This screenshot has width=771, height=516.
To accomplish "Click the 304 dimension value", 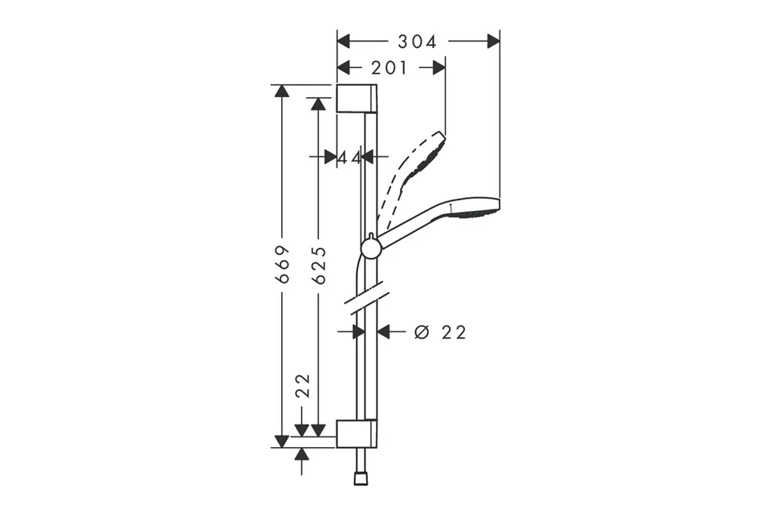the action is point(417,43).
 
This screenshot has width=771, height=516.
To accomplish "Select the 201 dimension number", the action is point(390,68).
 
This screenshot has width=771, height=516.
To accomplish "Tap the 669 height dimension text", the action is point(282,264).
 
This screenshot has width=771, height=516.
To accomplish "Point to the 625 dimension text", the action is point(319,266).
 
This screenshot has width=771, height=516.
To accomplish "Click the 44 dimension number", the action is point(349,158).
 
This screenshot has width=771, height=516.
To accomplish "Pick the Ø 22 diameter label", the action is point(440,333).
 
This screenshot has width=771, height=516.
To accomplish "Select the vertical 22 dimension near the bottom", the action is point(303,386).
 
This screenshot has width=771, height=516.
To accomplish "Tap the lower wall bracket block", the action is point(357,434).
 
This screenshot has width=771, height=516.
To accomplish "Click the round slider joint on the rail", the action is point(371,248).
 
